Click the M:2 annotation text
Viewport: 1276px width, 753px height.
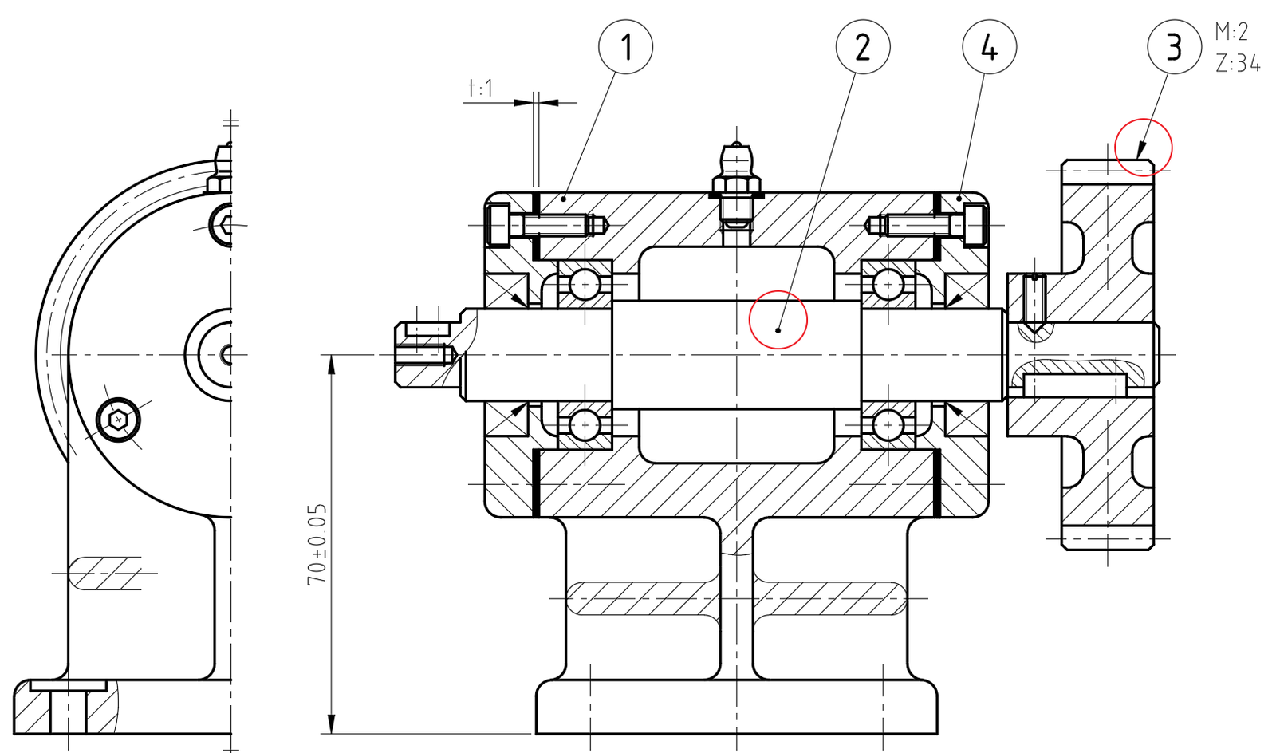coord(1231,32)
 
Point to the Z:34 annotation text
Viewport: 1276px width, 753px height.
coord(1238,63)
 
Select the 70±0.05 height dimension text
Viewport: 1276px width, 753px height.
coord(317,545)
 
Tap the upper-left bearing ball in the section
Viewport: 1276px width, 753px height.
coord(585,284)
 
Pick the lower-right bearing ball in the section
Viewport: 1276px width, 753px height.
coord(888,425)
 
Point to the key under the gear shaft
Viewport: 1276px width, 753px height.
coord(1075,385)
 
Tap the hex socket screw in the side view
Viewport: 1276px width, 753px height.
coord(118,420)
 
